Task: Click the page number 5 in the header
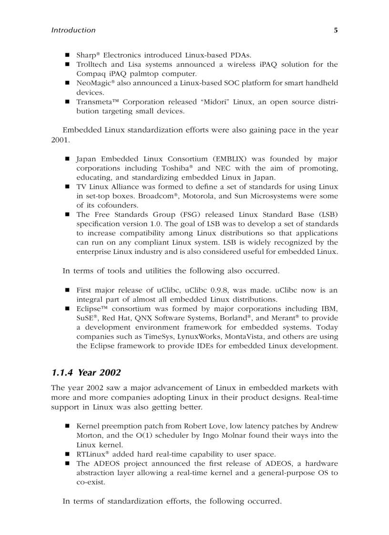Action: pos(336,30)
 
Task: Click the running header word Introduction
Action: pos(73,30)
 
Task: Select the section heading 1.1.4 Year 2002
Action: pos(86,372)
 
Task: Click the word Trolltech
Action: pos(92,64)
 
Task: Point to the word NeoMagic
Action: pos(92,83)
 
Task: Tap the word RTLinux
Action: pos(92,454)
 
